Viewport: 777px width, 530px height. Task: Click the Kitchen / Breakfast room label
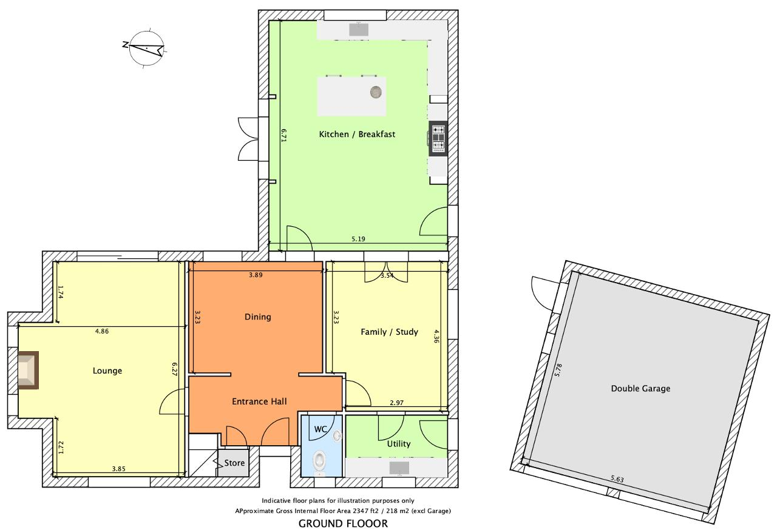coord(357,135)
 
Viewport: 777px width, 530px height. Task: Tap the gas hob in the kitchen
coord(438,138)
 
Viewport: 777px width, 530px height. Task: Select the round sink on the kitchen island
coord(376,92)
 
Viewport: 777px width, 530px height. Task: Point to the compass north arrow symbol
coord(146,48)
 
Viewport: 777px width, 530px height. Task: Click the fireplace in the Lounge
coord(28,370)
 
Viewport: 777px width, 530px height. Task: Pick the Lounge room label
coord(107,371)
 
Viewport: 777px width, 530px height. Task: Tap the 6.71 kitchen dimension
coord(283,136)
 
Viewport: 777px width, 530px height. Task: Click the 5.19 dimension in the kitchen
coord(358,239)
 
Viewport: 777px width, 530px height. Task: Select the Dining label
coord(258,317)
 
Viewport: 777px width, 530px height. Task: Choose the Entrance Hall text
coord(259,401)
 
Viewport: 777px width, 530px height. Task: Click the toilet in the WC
coord(319,461)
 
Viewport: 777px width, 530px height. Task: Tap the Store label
coord(234,463)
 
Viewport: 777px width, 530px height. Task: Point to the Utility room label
coord(399,444)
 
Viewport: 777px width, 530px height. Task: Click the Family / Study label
coord(389,332)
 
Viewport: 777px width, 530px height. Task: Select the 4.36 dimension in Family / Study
coord(436,336)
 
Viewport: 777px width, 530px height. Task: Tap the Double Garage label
coord(640,389)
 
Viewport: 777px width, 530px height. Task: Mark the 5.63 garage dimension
coord(617,479)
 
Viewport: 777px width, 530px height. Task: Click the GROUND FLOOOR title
coord(343,523)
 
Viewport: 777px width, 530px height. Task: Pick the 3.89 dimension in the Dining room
coord(256,275)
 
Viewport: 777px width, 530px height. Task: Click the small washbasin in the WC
coord(337,435)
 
